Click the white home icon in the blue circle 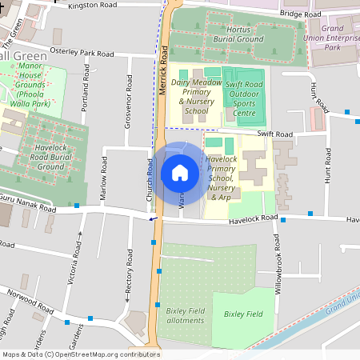(x=180, y=172)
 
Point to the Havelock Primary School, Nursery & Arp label (x=222, y=177)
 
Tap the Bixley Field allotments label (x=185, y=314)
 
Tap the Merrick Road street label (x=163, y=70)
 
